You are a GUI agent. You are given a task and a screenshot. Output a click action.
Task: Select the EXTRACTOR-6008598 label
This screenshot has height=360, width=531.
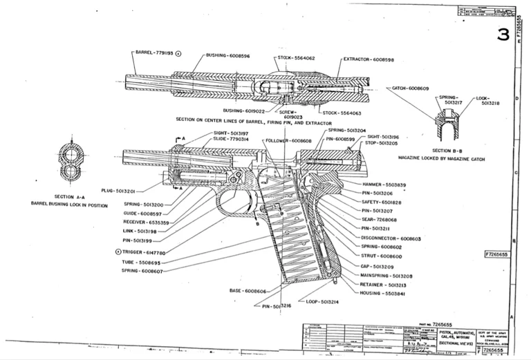(369, 59)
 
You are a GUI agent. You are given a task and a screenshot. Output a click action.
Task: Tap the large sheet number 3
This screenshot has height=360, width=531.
(503, 35)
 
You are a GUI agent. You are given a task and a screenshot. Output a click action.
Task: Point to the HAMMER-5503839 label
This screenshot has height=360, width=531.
(384, 184)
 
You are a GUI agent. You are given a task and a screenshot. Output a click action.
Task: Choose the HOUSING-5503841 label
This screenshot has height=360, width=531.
(382, 294)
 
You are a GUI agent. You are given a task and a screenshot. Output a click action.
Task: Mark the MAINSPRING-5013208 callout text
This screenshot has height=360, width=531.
(387, 275)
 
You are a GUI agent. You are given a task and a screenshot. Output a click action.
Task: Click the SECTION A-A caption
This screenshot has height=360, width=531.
(69, 196)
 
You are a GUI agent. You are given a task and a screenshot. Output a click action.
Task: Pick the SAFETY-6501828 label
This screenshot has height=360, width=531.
(382, 202)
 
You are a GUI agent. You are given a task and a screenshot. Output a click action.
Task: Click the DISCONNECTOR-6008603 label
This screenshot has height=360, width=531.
(391, 238)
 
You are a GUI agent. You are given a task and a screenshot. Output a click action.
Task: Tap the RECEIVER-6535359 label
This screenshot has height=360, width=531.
(147, 222)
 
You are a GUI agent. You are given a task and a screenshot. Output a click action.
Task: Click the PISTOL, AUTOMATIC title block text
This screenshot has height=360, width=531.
(454, 331)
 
